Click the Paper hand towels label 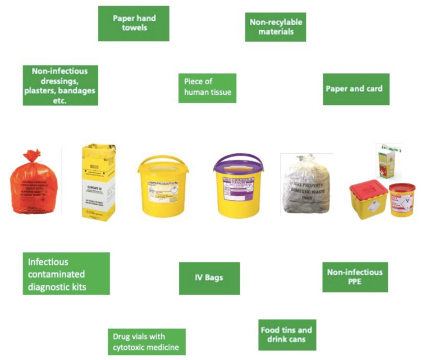pos(134,23)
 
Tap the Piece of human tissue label pos(207,88)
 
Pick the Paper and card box pos(355,89)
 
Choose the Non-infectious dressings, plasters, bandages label pos(60,85)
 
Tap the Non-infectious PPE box pos(355,277)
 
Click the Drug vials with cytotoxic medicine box pos(146,341)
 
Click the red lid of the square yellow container pos(368,187)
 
